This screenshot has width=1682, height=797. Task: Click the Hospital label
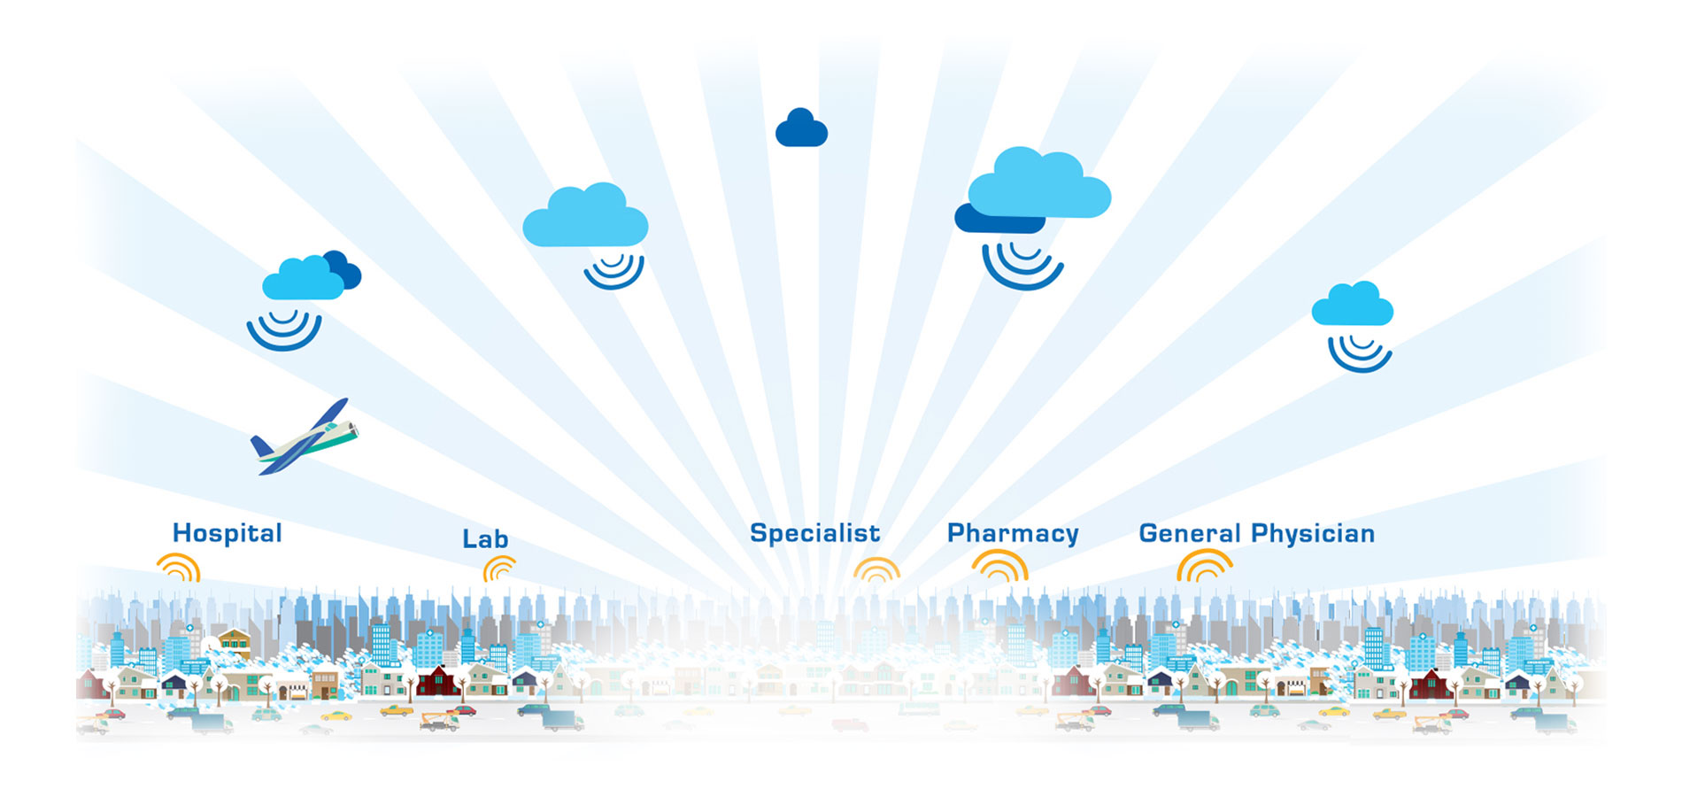click(x=228, y=533)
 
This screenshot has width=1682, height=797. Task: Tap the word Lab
click(x=485, y=538)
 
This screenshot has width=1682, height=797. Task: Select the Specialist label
click(x=814, y=533)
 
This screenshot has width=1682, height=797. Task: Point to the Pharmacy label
click(x=1013, y=534)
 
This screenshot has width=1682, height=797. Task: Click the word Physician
click(x=1313, y=534)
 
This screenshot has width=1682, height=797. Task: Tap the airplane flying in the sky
click(x=304, y=437)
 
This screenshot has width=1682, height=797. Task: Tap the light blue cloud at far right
click(x=1352, y=305)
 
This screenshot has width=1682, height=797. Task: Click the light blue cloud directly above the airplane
click(x=303, y=280)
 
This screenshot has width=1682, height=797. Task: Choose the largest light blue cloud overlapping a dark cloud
click(x=1039, y=185)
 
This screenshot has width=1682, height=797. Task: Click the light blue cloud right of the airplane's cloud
click(x=585, y=217)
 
